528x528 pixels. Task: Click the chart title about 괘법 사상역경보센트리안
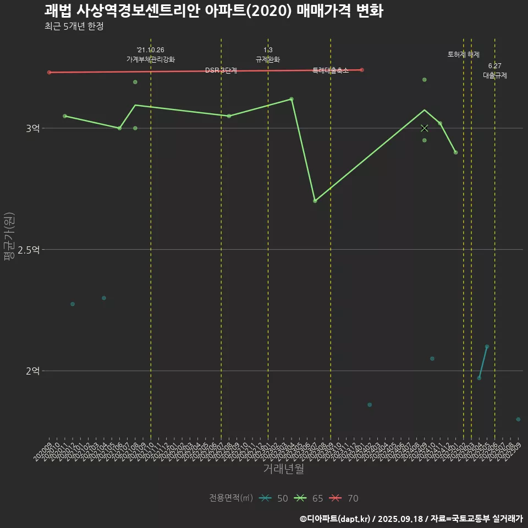(x=213, y=11)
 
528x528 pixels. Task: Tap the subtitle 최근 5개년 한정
(x=74, y=26)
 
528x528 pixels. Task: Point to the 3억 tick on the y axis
(x=32, y=128)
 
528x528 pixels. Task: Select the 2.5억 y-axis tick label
(x=29, y=250)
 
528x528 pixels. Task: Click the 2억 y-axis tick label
(x=32, y=371)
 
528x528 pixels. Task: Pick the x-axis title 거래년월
(x=283, y=469)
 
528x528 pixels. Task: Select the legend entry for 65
(x=309, y=498)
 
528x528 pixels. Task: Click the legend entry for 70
(x=344, y=498)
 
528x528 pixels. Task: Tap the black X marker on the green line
(x=424, y=128)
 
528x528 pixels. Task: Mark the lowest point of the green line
(x=315, y=201)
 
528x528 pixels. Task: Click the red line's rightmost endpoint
(x=361, y=70)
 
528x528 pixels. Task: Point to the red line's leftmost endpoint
(x=49, y=72)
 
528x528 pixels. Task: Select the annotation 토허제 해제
(x=463, y=54)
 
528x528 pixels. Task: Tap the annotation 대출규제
(x=494, y=75)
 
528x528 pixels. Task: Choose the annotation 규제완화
(x=268, y=59)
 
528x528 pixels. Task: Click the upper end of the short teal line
(x=487, y=346)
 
